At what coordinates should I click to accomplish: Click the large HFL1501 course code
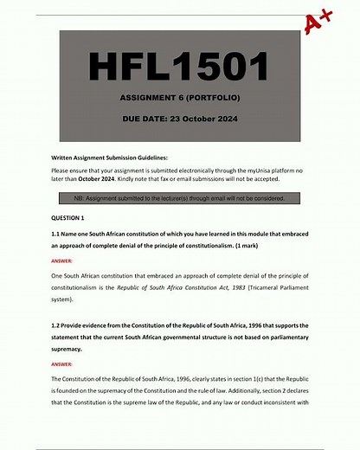tap(179, 67)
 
